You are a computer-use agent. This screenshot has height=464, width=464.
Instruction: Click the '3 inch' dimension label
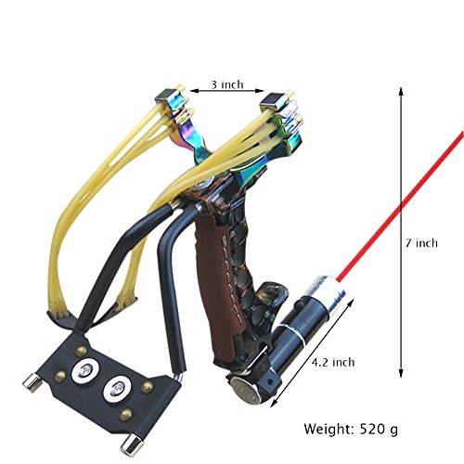[227, 84]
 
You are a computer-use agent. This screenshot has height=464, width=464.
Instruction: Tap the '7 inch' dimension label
[422, 243]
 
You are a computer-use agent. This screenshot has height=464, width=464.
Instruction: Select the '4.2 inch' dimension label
[333, 362]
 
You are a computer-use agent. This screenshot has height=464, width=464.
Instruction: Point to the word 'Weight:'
[329, 429]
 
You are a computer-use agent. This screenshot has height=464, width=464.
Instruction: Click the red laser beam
[400, 206]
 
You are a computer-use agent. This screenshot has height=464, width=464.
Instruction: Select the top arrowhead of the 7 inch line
[401, 92]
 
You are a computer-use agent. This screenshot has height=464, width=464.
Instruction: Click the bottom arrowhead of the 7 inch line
[401, 373]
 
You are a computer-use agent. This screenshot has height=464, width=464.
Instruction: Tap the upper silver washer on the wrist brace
[85, 370]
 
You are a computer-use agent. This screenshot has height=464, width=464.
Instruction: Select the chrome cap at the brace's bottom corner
[132, 445]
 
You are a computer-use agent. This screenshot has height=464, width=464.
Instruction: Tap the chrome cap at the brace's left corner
[32, 382]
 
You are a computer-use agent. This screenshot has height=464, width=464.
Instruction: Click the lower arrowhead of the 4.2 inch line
[274, 404]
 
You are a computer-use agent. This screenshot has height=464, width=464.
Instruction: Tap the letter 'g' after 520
[393, 431]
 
